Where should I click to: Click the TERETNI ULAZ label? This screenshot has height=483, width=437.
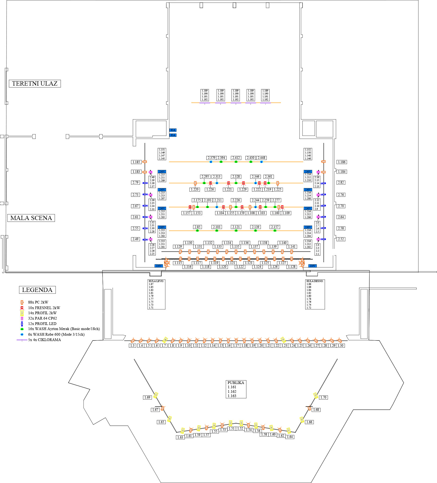[35, 83]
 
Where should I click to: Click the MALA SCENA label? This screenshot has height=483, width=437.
[31, 218]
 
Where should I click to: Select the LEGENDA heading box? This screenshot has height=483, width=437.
[37, 290]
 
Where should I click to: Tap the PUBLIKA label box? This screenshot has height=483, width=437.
[236, 389]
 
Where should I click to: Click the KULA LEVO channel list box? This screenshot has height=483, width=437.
[156, 294]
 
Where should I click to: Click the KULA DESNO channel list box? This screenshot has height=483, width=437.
[315, 294]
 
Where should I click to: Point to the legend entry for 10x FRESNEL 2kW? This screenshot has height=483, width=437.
[44, 308]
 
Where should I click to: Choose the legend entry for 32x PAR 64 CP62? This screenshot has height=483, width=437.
[42, 318]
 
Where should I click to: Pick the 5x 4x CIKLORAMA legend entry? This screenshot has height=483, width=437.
[44, 340]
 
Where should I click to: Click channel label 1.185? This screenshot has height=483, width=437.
[136, 162]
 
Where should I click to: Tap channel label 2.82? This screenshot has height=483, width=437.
[341, 182]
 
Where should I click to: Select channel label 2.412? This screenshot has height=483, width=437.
[236, 158]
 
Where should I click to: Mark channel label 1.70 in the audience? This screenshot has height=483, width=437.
[323, 397]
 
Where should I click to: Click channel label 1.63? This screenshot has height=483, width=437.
[180, 437]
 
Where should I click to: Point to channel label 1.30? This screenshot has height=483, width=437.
[340, 346]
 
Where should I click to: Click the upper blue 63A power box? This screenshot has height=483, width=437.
[173, 130]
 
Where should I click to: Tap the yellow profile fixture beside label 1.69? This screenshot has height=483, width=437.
[156, 395]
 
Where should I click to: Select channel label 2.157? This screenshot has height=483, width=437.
[275, 227]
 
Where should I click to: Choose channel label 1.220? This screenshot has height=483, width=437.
[195, 189]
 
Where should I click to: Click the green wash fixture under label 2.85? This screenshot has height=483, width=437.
[197, 230]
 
